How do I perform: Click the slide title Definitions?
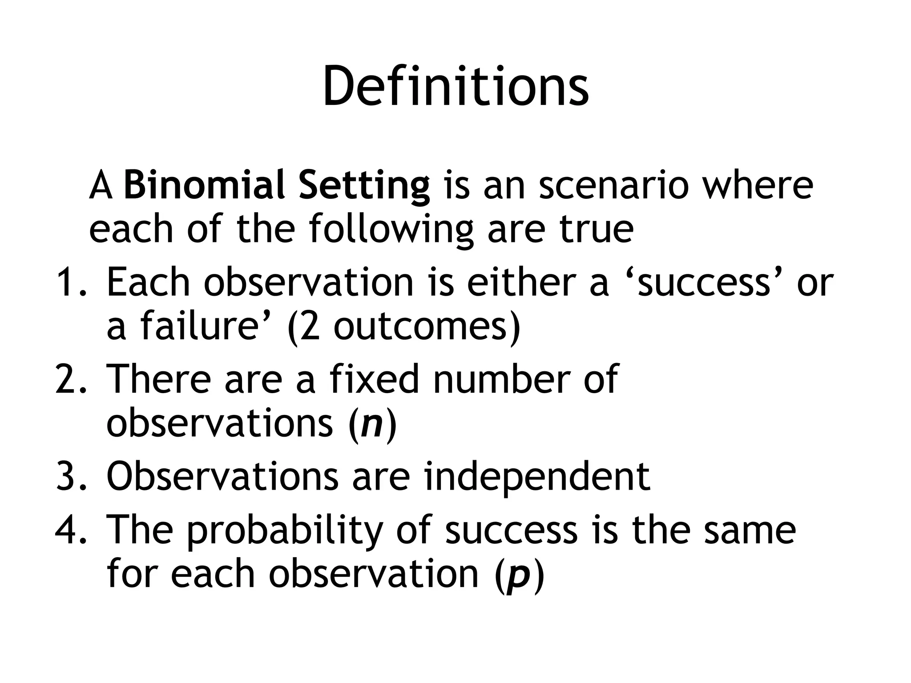[x=455, y=87]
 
